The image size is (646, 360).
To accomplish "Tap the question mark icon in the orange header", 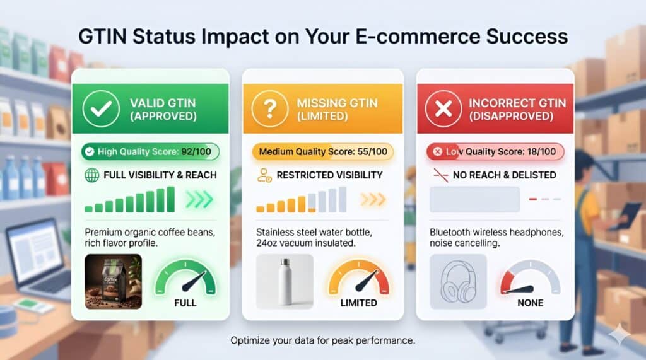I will (269, 110).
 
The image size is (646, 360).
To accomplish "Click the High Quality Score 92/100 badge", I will (150, 151).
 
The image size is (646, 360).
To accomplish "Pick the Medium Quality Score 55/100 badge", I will (322, 151).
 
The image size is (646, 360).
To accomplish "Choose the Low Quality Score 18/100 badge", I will (495, 151).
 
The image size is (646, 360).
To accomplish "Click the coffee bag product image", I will (113, 281).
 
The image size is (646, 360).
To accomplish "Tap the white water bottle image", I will (285, 281).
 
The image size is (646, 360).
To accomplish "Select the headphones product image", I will (457, 281).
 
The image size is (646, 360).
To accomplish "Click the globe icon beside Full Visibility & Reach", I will (91, 175).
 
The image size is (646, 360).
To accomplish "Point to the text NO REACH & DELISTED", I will (504, 175).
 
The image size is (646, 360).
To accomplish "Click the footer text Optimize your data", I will (322, 340).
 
